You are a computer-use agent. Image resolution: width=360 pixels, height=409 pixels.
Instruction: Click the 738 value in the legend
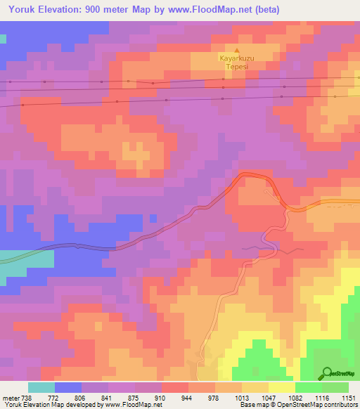point(25,398)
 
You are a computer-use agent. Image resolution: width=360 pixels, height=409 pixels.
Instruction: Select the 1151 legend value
point(349,398)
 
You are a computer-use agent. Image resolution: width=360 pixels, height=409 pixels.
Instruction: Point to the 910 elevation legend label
point(160,398)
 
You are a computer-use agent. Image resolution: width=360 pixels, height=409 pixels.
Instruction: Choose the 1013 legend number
point(241,398)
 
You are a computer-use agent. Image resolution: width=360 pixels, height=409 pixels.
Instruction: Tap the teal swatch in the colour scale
point(41,387)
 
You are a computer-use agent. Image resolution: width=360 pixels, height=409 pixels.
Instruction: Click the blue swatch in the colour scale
point(68,387)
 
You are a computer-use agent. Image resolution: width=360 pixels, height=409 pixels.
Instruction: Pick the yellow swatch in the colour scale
point(282,387)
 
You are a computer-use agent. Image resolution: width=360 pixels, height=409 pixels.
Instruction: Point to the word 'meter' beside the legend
point(9,398)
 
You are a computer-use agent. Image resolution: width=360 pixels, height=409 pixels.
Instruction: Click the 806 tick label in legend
point(79,398)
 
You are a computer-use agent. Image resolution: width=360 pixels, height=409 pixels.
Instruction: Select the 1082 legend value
point(295,398)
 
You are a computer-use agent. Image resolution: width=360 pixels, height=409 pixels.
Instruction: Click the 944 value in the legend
point(187,398)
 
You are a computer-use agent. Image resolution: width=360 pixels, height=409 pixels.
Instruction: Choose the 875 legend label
point(134,398)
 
